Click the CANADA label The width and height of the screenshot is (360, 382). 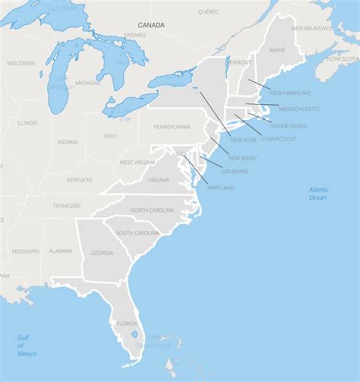[151, 25]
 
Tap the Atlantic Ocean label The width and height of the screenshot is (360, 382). [318, 193]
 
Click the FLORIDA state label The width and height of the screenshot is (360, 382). [127, 323]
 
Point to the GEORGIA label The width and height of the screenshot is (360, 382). [102, 253]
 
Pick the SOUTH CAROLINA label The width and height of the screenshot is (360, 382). [137, 233]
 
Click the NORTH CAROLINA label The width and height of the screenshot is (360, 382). [152, 210]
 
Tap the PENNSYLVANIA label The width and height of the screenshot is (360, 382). [171, 127]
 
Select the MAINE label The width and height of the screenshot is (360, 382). [277, 50]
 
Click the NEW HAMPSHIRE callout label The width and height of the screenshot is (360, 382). [290, 93]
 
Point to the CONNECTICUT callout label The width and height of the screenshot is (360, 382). [278, 138]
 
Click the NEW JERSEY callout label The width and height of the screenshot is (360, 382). [242, 158]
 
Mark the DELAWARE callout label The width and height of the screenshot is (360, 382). [234, 171]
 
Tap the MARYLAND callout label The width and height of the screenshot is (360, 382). [220, 187]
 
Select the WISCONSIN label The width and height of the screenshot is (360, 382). [21, 63]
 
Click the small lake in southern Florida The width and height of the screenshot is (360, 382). [134, 335]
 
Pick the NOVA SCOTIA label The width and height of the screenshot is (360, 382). [343, 59]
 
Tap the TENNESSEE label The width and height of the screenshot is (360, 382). [67, 205]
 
